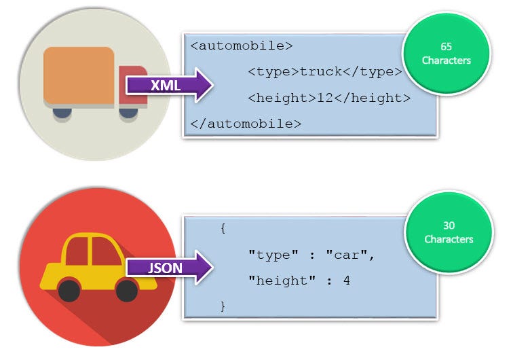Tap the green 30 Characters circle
448,233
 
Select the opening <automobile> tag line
242,46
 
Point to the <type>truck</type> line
325,72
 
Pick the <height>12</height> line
329,98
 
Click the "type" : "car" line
311,255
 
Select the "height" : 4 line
299,280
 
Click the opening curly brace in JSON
223,229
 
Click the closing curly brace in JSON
223,306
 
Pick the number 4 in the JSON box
346,280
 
